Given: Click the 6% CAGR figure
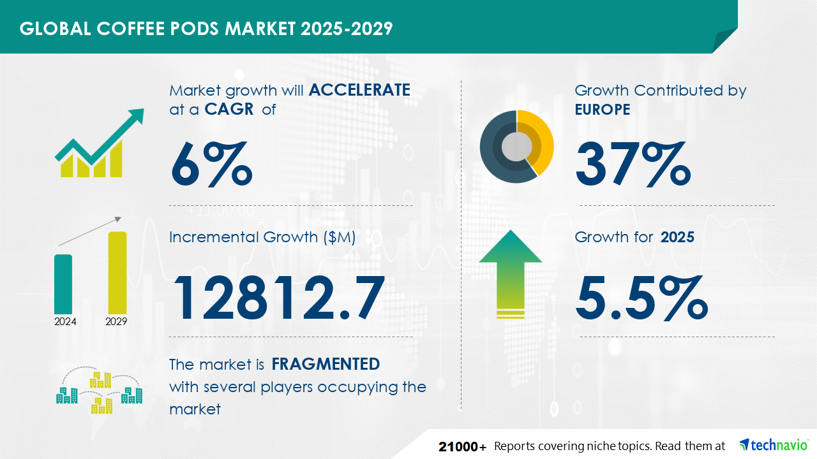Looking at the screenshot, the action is click(x=211, y=164).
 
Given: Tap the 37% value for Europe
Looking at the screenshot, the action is click(x=633, y=164).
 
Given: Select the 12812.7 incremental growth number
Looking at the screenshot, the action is click(x=279, y=297).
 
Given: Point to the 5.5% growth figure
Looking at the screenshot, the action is click(x=642, y=297).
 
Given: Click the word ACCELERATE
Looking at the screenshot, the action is click(x=359, y=90).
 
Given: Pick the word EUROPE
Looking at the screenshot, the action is click(x=603, y=109).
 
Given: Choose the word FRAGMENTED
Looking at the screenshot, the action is click(x=326, y=364).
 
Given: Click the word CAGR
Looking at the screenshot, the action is click(x=229, y=109).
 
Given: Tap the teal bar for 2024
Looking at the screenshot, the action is click(x=63, y=284).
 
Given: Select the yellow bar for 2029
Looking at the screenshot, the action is click(x=117, y=272).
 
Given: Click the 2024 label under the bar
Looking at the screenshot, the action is click(x=65, y=321).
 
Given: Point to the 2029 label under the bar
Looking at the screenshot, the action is click(x=116, y=321).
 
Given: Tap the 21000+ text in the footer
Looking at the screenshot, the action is click(x=463, y=446).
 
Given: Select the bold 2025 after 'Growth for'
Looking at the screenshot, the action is click(x=677, y=237).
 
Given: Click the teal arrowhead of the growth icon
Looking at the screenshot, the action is click(x=136, y=116).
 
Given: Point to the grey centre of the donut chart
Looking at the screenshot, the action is click(x=516, y=147).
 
